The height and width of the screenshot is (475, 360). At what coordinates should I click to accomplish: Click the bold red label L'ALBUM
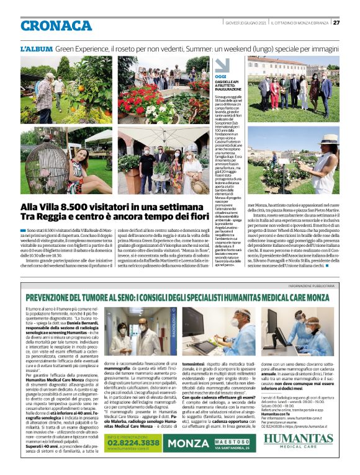tap(36, 48)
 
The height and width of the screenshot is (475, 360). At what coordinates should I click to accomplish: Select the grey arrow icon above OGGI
tap(222, 65)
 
